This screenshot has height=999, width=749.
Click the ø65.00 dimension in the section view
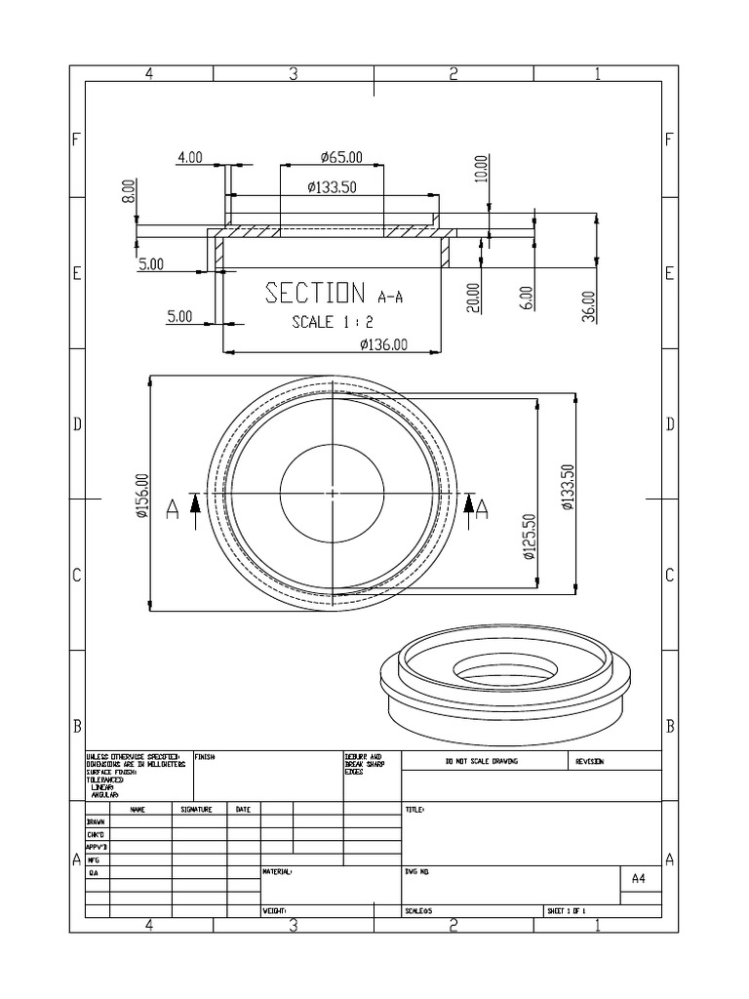pos(340,157)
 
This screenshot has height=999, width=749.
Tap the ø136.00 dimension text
pos(382,343)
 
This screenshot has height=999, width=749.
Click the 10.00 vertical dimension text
pos(479,169)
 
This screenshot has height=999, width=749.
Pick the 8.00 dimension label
pos(128,190)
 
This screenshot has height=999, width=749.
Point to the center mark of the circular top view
pos(333,494)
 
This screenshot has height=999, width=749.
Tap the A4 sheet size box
pos(639,878)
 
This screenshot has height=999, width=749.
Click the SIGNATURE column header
pos(199,810)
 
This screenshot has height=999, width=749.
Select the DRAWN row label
pos(97,822)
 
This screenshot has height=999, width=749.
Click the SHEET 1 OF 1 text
pos(567,911)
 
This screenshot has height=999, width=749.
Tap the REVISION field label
pos(590,761)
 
